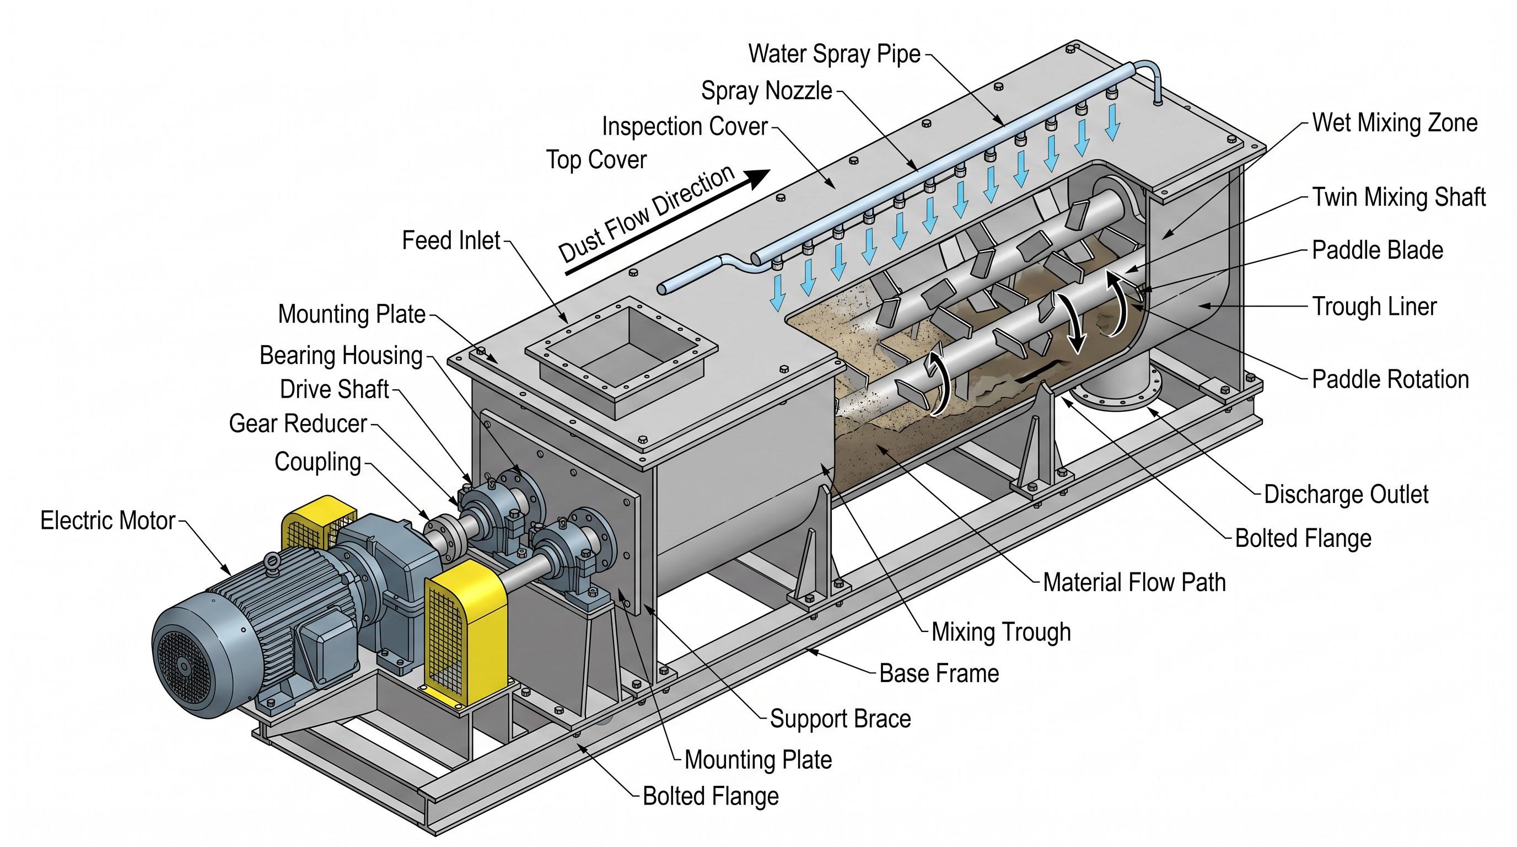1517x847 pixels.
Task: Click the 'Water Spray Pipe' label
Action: [x=834, y=54]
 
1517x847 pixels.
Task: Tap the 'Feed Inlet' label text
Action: [x=451, y=240]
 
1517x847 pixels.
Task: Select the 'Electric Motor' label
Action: [x=108, y=521]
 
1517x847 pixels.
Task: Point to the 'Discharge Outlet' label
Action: [x=1346, y=494]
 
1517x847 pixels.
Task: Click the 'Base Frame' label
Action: [x=939, y=673]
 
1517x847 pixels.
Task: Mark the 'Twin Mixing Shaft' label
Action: [x=1398, y=197]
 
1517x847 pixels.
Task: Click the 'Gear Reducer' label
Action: [x=298, y=423]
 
